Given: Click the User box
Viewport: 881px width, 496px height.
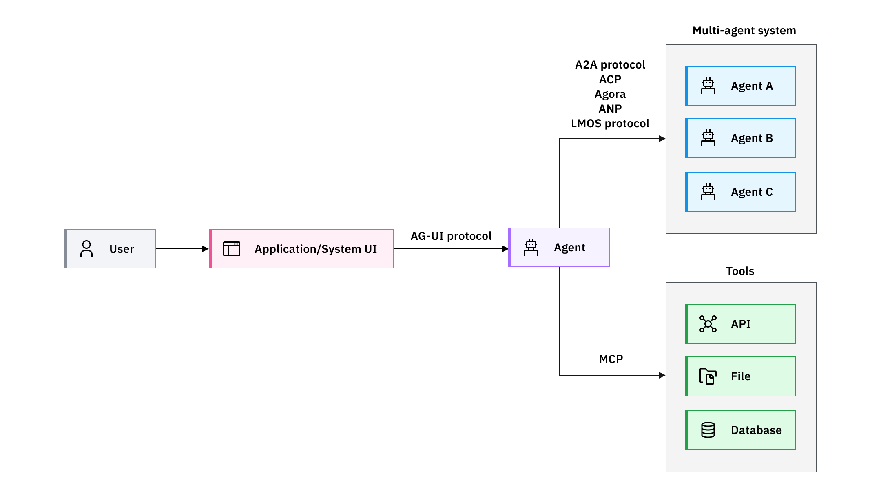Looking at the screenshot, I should coord(110,249).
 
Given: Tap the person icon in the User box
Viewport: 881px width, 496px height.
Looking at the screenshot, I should coord(86,249).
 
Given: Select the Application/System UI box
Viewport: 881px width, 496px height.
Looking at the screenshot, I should coord(301,249).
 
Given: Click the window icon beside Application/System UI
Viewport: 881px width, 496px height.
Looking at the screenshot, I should coord(232,249).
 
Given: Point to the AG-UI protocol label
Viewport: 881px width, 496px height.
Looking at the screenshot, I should coord(451,236).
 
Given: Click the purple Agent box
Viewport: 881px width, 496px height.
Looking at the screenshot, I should coord(559,247).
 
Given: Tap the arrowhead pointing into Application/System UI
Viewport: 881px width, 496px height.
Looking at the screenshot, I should coord(205,249).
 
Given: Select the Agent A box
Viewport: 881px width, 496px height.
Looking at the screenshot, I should coord(741,86).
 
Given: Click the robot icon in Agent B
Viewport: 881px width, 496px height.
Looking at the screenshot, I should coord(708,138).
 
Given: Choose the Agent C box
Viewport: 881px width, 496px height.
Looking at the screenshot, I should coord(741,192).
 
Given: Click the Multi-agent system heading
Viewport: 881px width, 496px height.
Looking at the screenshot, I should coord(744,31).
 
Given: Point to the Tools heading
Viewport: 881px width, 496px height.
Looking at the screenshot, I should coord(740,271).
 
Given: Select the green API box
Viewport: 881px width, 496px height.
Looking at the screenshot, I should coord(741,324).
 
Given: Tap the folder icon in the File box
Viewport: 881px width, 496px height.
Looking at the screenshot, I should coord(708,376).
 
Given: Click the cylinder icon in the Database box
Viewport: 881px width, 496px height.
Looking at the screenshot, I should coord(708,430).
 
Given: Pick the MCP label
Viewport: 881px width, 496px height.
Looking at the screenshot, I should coord(611,359).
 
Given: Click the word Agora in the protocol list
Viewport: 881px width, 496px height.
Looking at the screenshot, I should coord(610,94).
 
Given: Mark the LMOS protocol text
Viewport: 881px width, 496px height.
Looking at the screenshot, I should coord(610,124).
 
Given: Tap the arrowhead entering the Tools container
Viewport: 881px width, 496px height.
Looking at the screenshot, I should coord(662,375).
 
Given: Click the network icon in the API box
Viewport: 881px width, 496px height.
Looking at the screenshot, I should coord(708,324).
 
